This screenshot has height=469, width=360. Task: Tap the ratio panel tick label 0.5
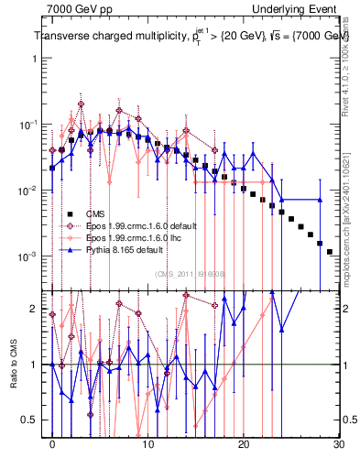pyautogui.click(x=35, y=420)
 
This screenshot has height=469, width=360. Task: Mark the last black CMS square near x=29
pyautogui.click(x=329, y=251)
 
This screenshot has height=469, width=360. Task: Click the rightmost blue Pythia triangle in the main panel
pyautogui.click(x=319, y=200)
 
